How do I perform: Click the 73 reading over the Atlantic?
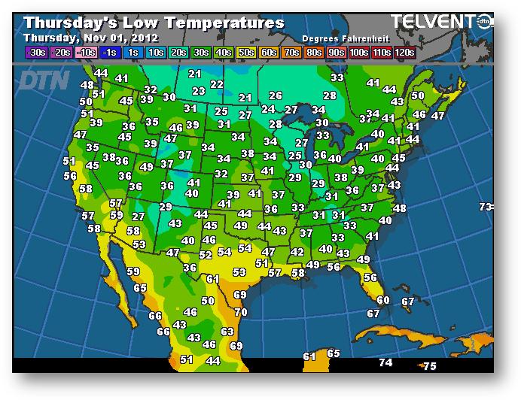click(486, 207)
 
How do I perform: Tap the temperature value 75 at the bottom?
click(430, 366)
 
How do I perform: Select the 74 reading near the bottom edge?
click(385, 362)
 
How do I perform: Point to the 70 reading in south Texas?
click(241, 312)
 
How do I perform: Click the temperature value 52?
click(206, 255)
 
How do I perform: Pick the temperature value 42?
click(297, 252)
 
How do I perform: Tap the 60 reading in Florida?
click(383, 300)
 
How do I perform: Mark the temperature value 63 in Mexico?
click(227, 331)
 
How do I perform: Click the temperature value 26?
click(276, 95)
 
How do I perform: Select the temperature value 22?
click(217, 84)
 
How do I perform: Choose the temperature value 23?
click(199, 91)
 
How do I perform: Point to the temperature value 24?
click(268, 109)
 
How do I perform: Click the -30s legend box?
click(36, 53)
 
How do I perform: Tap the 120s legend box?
click(406, 53)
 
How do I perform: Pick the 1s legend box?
click(133, 53)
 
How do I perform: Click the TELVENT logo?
click(433, 22)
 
